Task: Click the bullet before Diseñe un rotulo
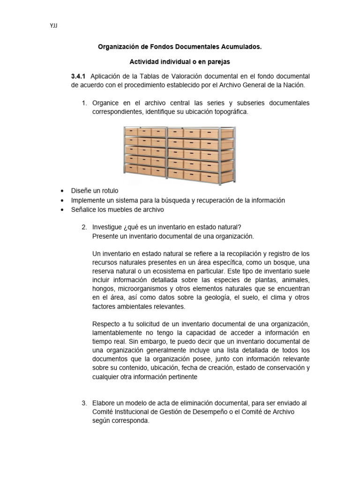click(62, 191)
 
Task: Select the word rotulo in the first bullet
click(109, 191)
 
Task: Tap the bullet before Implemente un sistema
click(62, 200)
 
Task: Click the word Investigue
click(107, 227)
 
